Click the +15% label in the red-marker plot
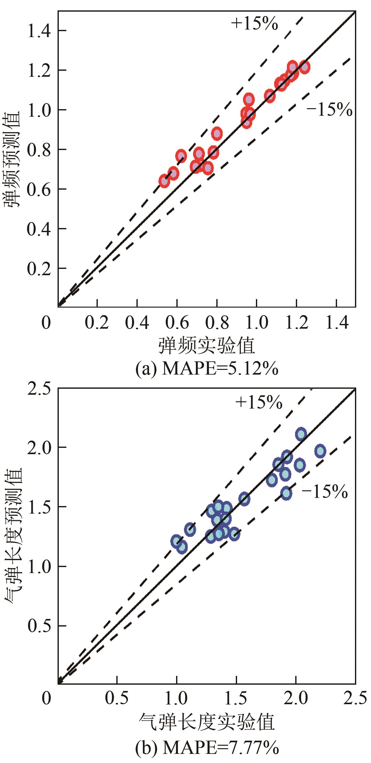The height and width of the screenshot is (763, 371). (254, 23)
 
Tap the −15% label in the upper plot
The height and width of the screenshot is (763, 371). (329, 110)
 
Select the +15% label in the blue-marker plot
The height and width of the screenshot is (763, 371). (259, 402)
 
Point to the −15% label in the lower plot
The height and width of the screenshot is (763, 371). (325, 492)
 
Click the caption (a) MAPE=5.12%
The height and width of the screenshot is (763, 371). (207, 369)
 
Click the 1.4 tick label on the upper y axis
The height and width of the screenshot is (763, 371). (39, 31)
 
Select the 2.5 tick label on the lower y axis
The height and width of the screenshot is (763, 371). (39, 389)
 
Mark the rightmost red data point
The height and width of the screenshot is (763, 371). (304, 67)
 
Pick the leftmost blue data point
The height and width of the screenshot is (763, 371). (176, 541)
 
